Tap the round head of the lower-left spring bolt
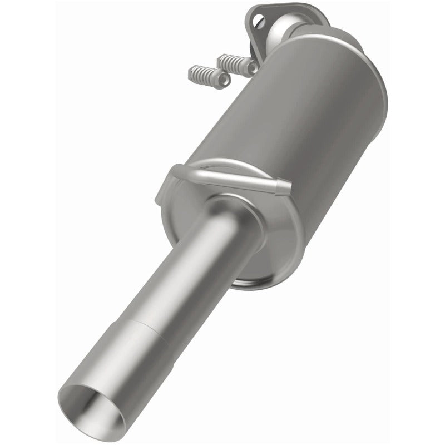(x=223, y=82)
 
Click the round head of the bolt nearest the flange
(x=252, y=67)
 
